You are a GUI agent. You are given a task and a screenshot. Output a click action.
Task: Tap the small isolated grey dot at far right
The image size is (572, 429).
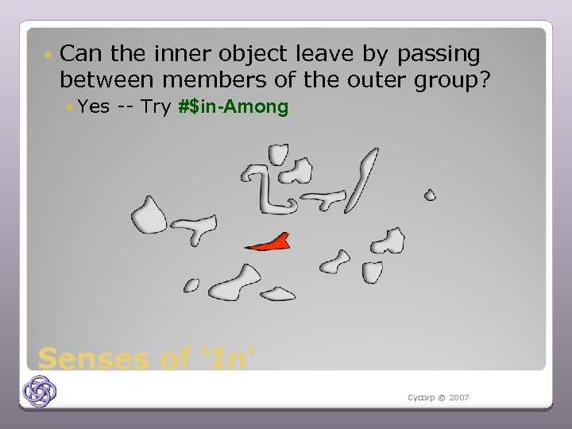click(x=430, y=195)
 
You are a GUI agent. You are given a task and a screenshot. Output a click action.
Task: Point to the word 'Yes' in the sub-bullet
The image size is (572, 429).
click(x=94, y=106)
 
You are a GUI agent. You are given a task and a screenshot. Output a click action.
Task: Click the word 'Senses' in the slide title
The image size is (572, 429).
click(x=93, y=358)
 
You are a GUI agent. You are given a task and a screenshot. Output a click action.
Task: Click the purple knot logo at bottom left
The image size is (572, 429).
click(x=39, y=391)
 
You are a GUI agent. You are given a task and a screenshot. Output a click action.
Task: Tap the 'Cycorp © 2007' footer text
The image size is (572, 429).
click(x=438, y=396)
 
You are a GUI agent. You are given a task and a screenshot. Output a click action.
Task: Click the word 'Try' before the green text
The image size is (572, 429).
click(x=156, y=106)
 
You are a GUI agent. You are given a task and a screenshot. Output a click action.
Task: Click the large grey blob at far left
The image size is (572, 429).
click(x=149, y=213)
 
